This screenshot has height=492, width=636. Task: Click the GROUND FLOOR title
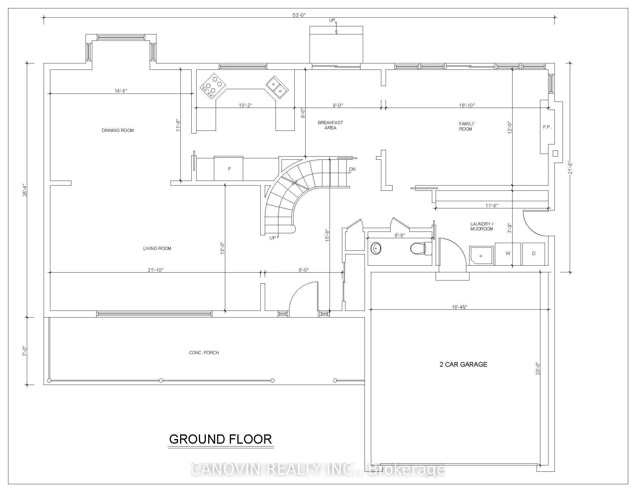point(221,439)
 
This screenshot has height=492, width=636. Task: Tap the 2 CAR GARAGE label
point(463,364)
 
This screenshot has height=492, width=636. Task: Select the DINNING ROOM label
point(118,130)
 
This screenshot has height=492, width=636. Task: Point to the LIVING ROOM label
point(157,248)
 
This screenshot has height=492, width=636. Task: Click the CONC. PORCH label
point(204,353)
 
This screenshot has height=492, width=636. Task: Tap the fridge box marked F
point(229,168)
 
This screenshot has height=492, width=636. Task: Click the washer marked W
point(508,254)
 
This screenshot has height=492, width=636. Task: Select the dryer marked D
point(533,254)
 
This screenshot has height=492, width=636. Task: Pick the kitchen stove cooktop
point(213,86)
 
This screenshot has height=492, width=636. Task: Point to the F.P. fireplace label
point(547,127)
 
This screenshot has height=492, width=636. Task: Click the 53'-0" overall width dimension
point(299,15)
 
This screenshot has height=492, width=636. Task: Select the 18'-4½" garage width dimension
point(460,307)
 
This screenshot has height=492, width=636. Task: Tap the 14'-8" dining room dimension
point(121,91)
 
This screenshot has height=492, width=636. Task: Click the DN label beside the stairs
point(352,169)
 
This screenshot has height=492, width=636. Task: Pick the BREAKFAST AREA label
point(330,125)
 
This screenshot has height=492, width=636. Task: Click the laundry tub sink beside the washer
point(481,256)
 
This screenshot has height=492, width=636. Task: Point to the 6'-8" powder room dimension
point(400,235)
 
